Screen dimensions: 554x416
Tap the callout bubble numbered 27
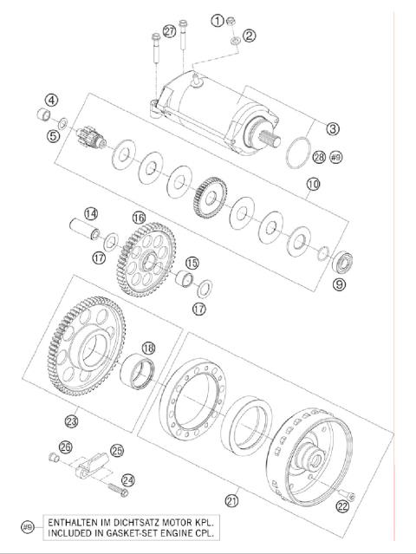point(169,32)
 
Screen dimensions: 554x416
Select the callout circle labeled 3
point(332,129)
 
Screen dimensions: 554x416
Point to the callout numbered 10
point(313,185)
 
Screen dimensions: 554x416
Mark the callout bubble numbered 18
point(148,348)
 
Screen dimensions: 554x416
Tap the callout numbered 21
point(231,499)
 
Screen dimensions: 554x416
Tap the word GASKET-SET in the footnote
point(117,534)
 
